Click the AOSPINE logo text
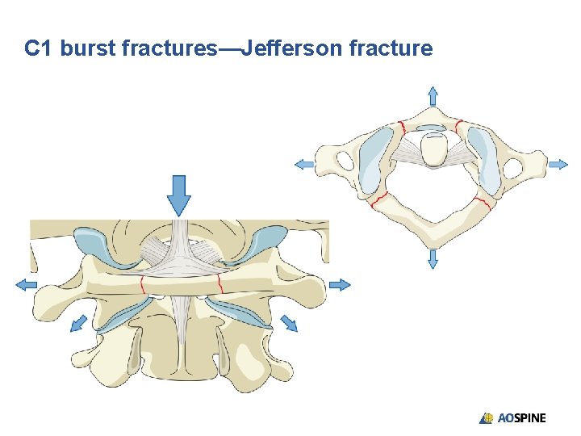click(521, 418)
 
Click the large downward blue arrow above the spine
click(179, 195)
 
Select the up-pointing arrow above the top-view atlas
click(433, 95)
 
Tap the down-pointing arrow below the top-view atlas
click(433, 258)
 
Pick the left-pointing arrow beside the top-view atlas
click(303, 164)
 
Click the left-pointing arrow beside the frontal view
click(26, 283)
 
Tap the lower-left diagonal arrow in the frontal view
click(77, 323)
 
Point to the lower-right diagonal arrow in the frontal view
click(288, 323)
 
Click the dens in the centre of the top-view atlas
click(433, 150)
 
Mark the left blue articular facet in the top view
click(374, 158)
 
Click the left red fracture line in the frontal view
click(142, 284)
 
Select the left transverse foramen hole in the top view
click(345, 162)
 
